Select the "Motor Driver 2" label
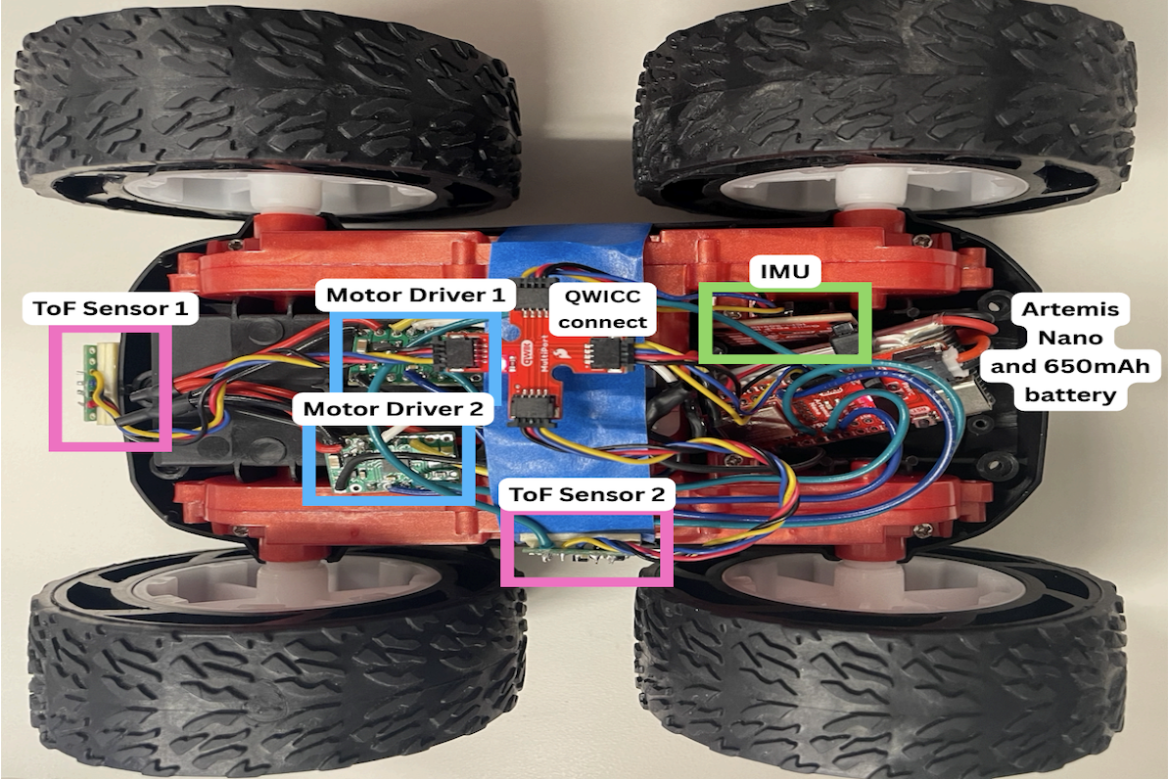tap(394, 409)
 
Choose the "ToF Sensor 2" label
tap(586, 495)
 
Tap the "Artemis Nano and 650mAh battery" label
tap(1075, 353)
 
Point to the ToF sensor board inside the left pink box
tap(91, 384)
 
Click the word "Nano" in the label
tap(1074, 339)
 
